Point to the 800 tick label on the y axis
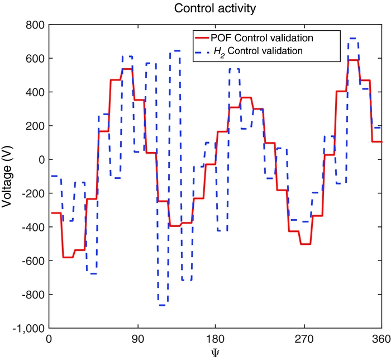tap(36, 25)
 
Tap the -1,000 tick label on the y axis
tap(29, 328)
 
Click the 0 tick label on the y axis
tap(41, 159)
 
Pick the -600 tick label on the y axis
tap(33, 260)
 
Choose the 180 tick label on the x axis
tap(216, 339)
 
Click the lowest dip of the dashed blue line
tap(163, 305)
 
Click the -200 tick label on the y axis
tap(33, 193)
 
